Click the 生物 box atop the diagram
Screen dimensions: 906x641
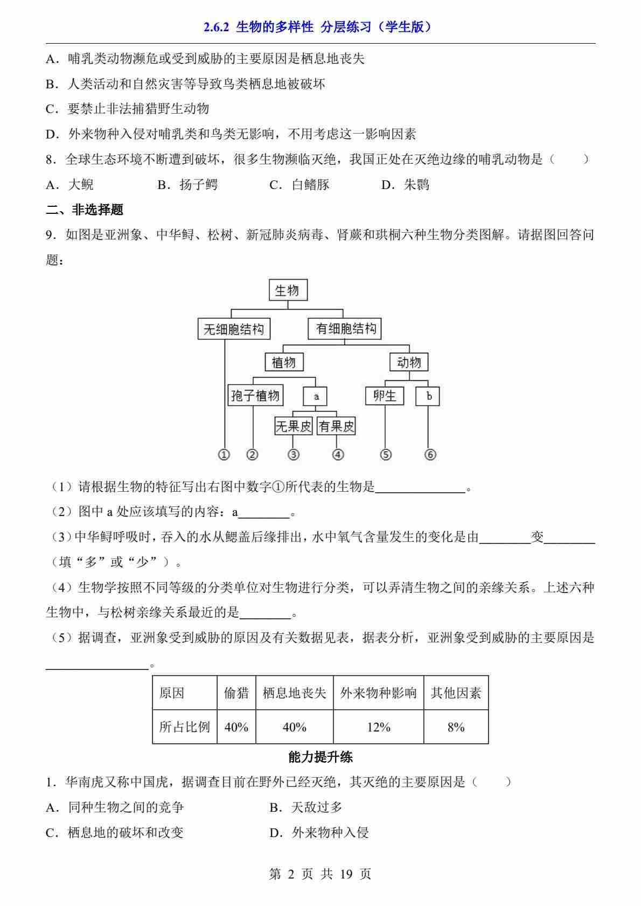click(288, 291)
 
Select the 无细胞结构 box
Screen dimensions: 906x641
click(233, 329)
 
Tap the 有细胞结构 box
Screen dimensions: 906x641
click(345, 329)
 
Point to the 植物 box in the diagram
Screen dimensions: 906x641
click(284, 362)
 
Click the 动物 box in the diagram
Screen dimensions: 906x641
click(408, 362)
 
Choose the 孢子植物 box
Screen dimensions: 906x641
click(255, 396)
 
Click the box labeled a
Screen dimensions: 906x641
click(316, 396)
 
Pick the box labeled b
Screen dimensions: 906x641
click(428, 396)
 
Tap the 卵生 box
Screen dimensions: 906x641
click(385, 396)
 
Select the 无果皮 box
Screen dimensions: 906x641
click(294, 427)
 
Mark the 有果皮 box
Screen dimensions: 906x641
click(337, 427)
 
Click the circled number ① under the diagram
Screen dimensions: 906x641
click(224, 455)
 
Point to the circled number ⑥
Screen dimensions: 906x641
click(430, 455)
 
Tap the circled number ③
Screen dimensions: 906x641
click(294, 455)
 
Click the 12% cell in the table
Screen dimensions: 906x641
click(378, 727)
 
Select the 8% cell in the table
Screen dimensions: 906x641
click(456, 727)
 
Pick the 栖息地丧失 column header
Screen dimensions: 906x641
click(294, 693)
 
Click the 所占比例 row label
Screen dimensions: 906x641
click(184, 727)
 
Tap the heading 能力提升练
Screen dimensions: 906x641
click(320, 757)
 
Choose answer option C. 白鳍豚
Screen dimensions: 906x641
click(299, 185)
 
